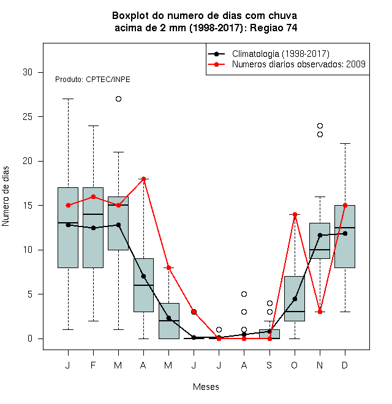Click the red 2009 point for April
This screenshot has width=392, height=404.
(144, 179)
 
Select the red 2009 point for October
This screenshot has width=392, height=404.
(295, 214)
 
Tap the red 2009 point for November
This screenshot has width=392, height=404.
(320, 312)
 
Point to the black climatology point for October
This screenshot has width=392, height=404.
(295, 299)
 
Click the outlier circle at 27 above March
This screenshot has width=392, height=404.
(118, 99)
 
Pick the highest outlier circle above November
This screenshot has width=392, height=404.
(320, 125)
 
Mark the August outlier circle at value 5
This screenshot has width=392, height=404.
(244, 294)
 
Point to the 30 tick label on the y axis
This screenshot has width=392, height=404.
(28, 72)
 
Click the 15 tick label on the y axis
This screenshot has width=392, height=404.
(28, 206)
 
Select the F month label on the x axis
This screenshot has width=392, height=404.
(93, 365)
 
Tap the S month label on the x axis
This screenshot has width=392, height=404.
(269, 365)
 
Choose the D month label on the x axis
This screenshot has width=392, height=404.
(345, 365)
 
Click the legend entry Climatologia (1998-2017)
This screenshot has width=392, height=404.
(281, 54)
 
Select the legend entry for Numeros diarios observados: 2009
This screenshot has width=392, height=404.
(299, 64)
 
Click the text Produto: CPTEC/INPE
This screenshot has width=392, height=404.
(92, 80)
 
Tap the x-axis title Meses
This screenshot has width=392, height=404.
(206, 387)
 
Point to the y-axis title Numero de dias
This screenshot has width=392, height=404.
(6, 196)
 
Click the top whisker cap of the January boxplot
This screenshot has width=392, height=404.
(68, 99)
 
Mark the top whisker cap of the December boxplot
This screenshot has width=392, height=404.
(345, 143)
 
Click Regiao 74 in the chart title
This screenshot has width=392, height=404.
(274, 28)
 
